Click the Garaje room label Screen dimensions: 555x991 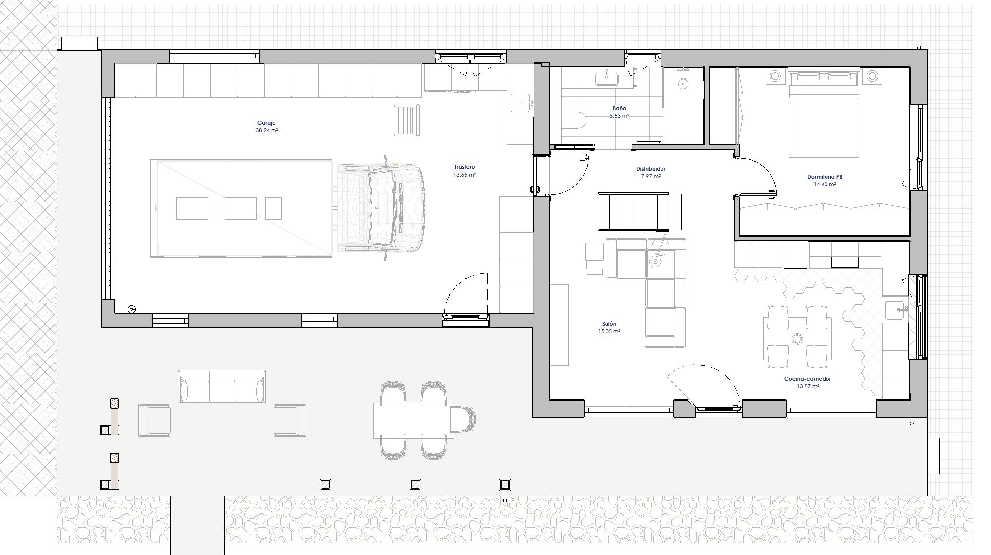tap(266, 123)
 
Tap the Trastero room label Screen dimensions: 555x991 tap(464, 167)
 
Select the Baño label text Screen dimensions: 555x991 tap(619, 108)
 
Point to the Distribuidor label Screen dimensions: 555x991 tap(651, 169)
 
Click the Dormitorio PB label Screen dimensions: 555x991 tap(825, 177)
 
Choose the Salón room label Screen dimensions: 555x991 tap(609, 324)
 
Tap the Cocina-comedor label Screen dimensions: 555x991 tap(808, 379)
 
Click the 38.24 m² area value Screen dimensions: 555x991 tap(266, 131)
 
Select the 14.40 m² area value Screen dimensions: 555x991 tap(825, 185)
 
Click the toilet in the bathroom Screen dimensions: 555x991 tap(573, 120)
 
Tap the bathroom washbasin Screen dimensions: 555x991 tap(606, 77)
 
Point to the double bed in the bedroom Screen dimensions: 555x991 tap(823, 114)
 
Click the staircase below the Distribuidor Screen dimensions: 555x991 tap(634, 212)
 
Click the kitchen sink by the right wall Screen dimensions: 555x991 tap(896, 310)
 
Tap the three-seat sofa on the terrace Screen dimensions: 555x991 tap(221, 387)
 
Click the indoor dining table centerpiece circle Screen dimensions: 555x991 tap(797, 339)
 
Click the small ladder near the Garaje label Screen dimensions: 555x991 tap(407, 120)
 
